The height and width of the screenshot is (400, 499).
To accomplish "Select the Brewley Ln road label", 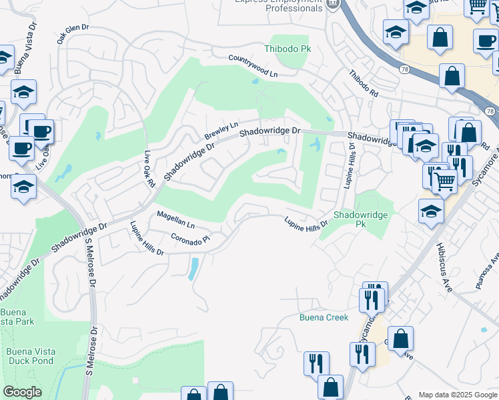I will [221, 129].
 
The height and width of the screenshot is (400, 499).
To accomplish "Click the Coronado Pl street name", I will [191, 237].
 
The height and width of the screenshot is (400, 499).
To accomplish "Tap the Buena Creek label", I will [324, 317].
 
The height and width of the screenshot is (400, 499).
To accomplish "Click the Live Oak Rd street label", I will [149, 169].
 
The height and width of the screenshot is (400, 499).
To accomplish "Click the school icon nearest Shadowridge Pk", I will [431, 212].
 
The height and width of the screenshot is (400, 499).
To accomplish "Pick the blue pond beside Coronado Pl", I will [193, 269].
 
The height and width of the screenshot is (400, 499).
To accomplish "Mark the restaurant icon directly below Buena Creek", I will [316, 363].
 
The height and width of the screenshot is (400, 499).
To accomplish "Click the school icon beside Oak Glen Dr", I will [24, 93].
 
